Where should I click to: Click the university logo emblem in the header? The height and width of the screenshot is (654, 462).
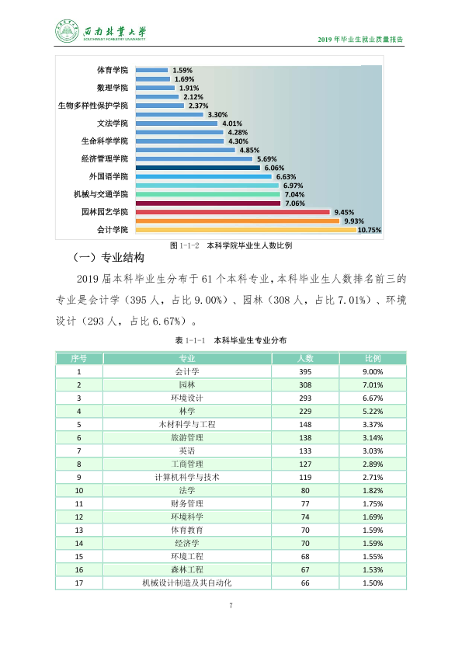[67, 31]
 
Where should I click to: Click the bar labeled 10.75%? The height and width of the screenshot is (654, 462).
[246, 230]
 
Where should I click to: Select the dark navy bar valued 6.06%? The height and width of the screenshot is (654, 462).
[198, 168]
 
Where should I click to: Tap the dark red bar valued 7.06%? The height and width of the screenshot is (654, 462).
[208, 204]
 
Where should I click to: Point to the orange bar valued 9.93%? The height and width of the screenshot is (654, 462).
[238, 221]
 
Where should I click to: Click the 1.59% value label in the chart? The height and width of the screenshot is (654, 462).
[182, 70]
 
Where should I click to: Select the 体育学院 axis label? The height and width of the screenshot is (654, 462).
[112, 70]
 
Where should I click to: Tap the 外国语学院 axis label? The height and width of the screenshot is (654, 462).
[109, 176]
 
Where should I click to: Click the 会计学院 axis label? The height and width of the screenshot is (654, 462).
[112, 230]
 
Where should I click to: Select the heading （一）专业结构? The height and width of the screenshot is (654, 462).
[109, 258]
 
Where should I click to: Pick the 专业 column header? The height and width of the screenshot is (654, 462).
[187, 358]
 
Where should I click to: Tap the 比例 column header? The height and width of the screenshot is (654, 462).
[373, 358]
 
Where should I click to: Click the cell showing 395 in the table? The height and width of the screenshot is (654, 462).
[305, 371]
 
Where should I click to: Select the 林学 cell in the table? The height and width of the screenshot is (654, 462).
[187, 411]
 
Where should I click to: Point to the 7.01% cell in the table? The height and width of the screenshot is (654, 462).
[373, 385]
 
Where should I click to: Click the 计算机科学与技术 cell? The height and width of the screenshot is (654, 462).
[187, 477]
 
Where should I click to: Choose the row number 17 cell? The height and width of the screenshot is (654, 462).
[78, 583]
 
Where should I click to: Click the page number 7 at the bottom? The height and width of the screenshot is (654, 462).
[231, 605]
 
